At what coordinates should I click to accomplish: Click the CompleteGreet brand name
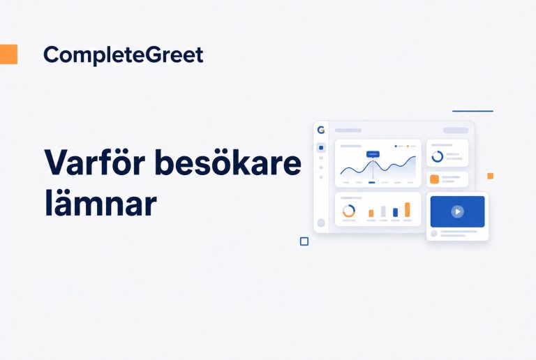click(124, 55)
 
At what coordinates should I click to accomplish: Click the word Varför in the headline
click(95, 162)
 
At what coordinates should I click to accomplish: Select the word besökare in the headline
click(228, 162)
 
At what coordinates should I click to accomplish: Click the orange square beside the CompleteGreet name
click(8, 54)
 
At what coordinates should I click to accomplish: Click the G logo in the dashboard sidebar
click(321, 130)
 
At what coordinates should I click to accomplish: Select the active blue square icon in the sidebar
click(321, 147)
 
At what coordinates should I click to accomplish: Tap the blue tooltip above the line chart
click(373, 154)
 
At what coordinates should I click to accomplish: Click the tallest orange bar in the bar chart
click(408, 210)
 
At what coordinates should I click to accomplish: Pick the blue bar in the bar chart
click(396, 213)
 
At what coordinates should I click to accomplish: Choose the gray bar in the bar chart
click(384, 211)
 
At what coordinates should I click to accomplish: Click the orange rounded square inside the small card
click(435, 179)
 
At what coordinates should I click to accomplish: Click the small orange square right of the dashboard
click(490, 176)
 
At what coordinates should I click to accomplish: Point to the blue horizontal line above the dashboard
click(472, 111)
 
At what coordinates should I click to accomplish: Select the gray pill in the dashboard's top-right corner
click(456, 130)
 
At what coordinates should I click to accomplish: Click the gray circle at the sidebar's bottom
click(321, 223)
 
